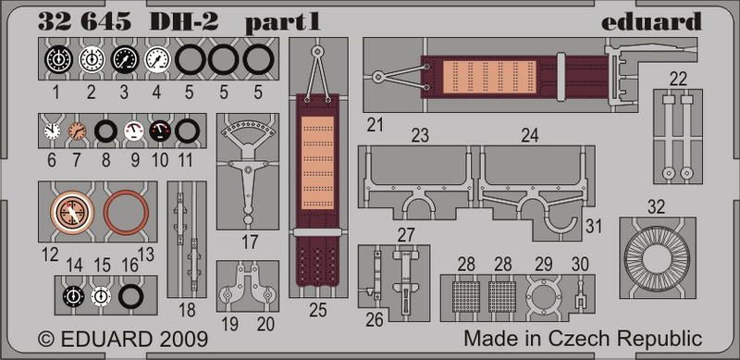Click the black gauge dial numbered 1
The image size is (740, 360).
coord(58,60)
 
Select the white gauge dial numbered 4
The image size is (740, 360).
coord(156,60)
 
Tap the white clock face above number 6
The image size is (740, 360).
coord(52,130)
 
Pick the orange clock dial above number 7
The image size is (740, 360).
coord(77,130)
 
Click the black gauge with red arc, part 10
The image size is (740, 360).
coord(161,130)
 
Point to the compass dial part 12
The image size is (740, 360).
coord(72,212)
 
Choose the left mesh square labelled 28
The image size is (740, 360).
coord(466,297)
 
